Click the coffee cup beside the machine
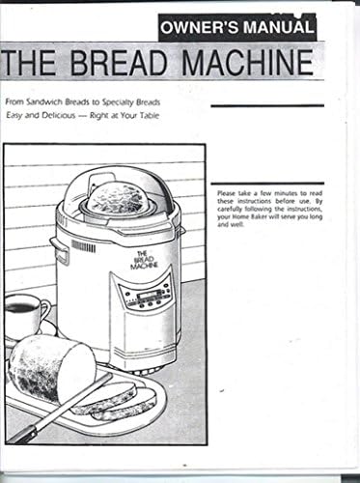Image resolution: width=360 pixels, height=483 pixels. pos(24,314)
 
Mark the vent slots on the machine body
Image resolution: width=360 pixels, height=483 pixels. pos(84,246)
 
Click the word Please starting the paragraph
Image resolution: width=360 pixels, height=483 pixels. pos(231,194)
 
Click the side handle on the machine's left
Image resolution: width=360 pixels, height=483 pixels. pos(60,253)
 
